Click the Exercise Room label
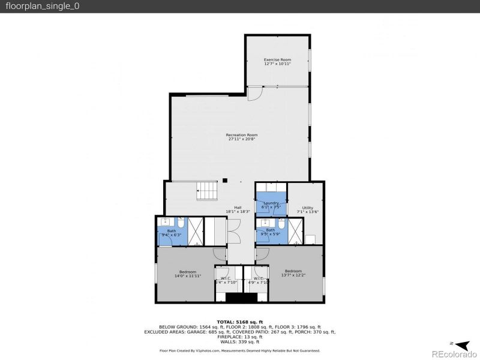277,60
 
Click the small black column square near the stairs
224,179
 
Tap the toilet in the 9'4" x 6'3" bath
181,223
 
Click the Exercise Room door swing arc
255,93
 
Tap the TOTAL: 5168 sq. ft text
240,322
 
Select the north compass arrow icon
462,344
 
